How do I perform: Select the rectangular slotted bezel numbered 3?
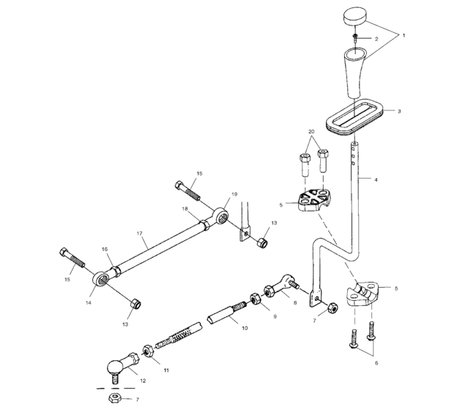pos(355,117)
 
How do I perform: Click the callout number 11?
pos(166,371)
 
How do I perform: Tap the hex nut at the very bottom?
pos(114,398)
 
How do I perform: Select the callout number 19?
pos(234,194)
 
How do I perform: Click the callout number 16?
pos(105,250)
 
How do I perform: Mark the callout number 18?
pos(186,209)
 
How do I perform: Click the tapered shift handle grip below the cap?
pos(355,71)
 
